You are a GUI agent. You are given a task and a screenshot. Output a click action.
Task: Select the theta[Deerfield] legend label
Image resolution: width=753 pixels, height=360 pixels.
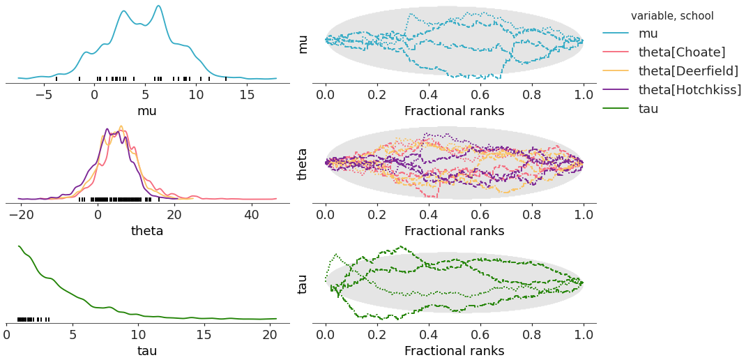[x=688, y=71]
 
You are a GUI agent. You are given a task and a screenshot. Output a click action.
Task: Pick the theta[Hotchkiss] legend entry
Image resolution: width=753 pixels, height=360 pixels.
[x=690, y=90]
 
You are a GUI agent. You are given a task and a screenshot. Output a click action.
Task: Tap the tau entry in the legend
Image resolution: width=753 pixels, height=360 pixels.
[x=648, y=109]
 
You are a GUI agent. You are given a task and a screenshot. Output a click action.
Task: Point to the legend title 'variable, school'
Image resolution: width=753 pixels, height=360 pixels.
[x=672, y=15]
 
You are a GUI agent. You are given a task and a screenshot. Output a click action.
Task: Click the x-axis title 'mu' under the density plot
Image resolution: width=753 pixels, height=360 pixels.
[x=147, y=111]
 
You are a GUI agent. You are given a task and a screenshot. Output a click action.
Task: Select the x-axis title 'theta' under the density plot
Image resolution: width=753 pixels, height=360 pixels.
[x=147, y=231]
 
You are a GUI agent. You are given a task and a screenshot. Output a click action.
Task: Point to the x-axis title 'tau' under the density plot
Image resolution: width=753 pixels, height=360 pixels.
[x=147, y=350]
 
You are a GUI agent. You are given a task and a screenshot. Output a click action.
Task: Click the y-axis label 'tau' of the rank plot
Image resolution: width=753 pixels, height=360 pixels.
[x=303, y=283]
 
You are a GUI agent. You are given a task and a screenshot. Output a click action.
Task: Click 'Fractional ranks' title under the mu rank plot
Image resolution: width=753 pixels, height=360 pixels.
[x=454, y=111]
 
